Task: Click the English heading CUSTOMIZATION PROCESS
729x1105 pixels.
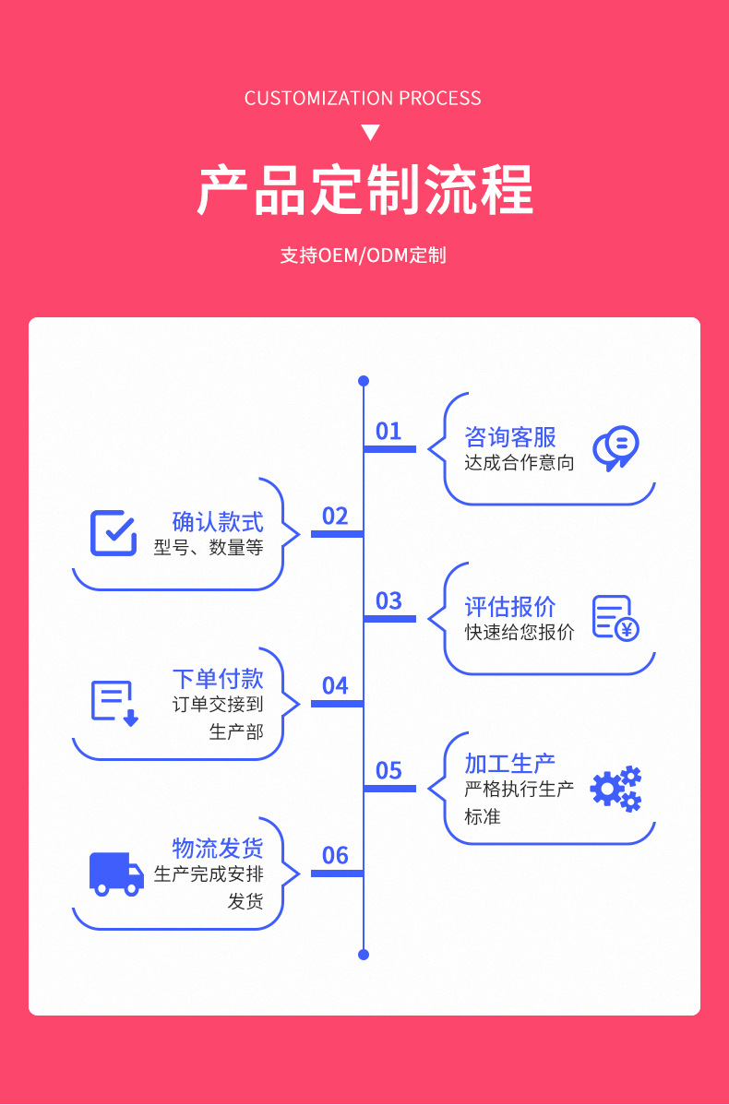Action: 363,99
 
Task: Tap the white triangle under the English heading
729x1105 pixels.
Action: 370,133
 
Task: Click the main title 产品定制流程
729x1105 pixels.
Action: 364,190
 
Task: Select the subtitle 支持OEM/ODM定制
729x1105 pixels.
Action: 364,255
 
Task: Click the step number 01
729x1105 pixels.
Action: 388,431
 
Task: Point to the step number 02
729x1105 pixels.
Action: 335,516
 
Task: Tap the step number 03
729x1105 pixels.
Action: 388,600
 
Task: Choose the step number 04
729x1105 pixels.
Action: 335,685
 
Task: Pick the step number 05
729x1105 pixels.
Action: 388,770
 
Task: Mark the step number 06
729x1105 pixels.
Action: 335,855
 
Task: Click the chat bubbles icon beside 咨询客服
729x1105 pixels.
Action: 615,448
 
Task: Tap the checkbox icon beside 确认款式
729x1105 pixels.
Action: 114,532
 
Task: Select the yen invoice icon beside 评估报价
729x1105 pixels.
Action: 615,618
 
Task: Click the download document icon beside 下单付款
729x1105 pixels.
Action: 114,703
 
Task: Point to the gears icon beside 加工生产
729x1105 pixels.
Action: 615,789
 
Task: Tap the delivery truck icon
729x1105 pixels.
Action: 116,873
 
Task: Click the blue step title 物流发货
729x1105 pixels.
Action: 218,848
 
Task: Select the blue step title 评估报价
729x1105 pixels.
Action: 510,606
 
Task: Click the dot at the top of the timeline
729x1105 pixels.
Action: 364,380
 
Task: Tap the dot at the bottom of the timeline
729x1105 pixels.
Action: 364,955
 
